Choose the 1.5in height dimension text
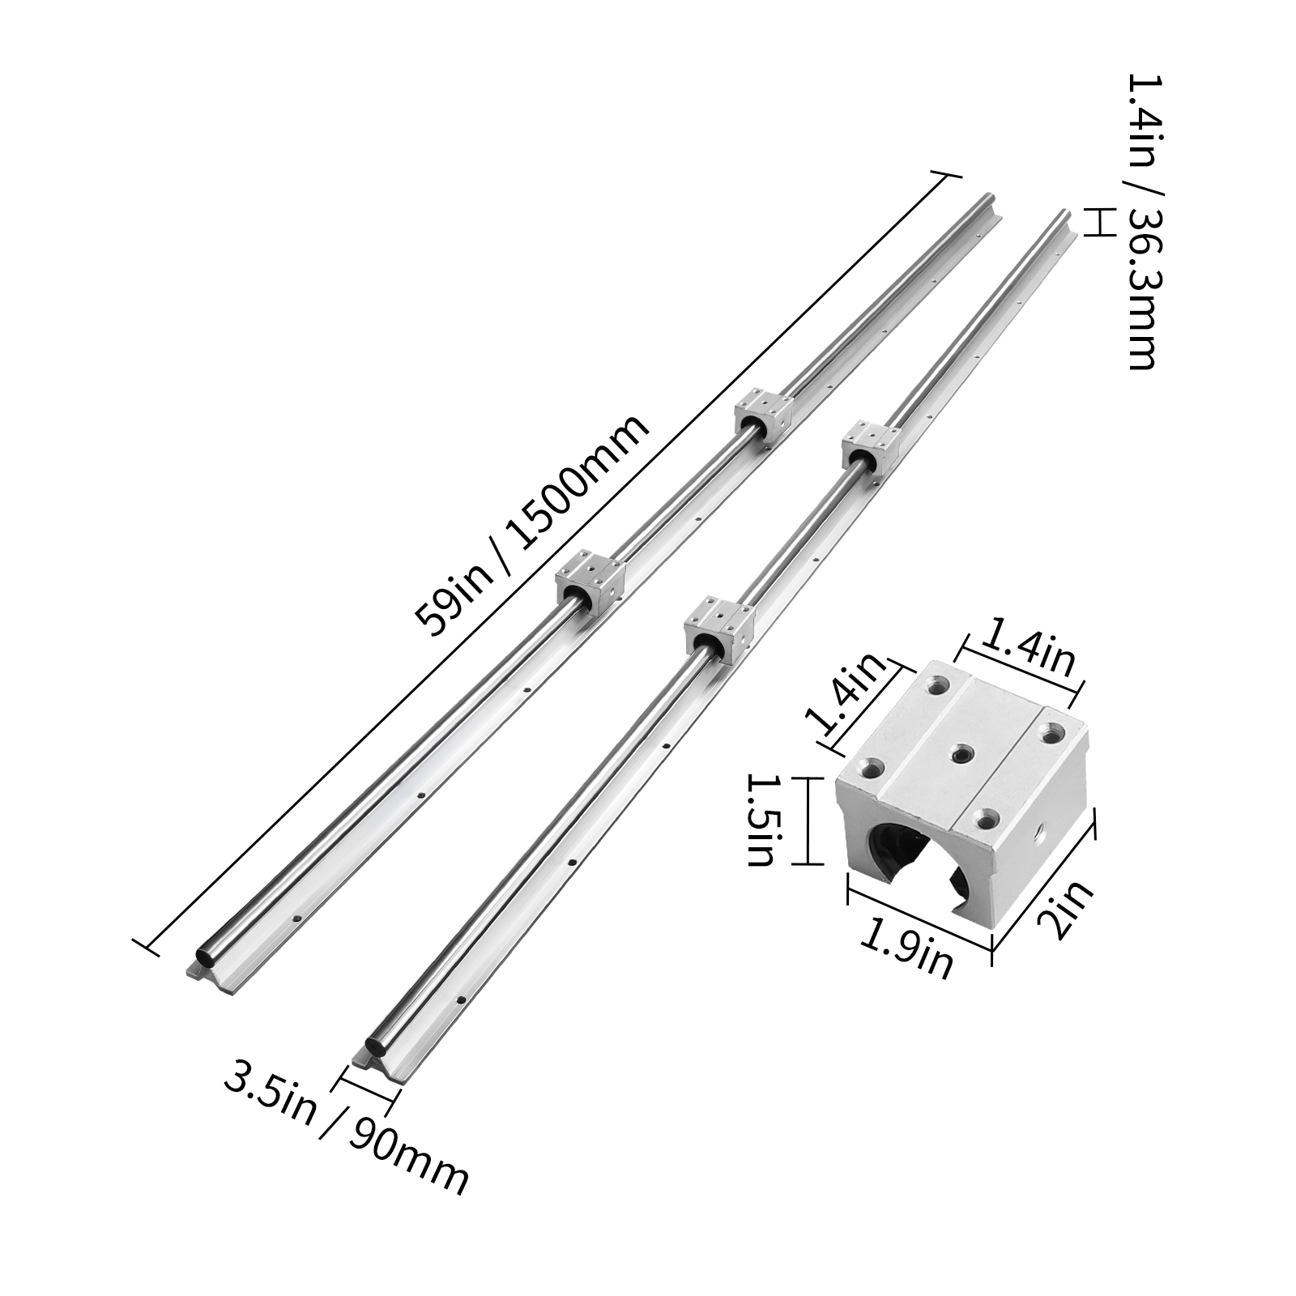coord(762,820)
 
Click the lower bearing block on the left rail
coord(590,579)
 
